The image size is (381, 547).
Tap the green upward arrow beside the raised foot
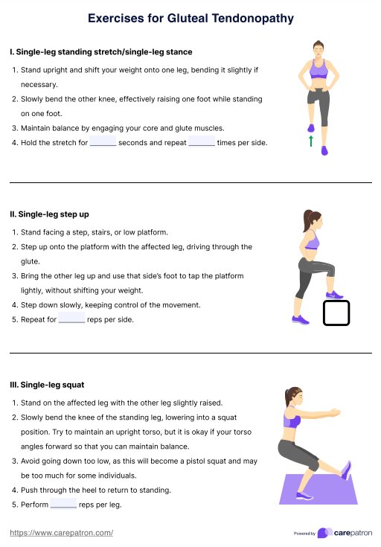click(x=311, y=141)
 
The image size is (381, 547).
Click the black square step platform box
click(x=336, y=313)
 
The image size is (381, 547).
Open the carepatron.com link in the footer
click(x=62, y=533)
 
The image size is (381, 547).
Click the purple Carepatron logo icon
click(x=324, y=533)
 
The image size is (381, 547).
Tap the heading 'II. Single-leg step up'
click(x=49, y=214)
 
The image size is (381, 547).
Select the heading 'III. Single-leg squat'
click(x=47, y=385)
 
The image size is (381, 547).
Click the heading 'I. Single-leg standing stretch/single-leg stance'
click(x=101, y=52)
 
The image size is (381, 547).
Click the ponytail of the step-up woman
click(x=307, y=220)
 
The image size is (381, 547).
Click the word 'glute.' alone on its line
click(x=31, y=262)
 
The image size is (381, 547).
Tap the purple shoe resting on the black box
click(x=334, y=295)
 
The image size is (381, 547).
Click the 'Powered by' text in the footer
click(x=304, y=534)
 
